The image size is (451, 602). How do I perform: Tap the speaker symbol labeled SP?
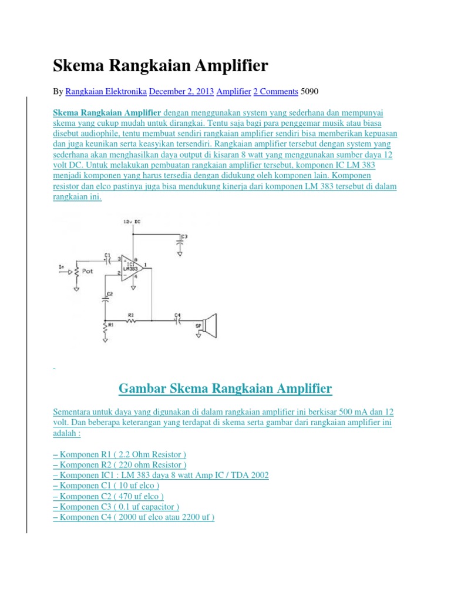(x=211, y=325)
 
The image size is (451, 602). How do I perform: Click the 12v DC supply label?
(x=132, y=221)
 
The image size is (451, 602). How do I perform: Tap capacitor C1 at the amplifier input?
(x=107, y=259)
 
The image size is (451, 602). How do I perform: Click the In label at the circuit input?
(x=61, y=268)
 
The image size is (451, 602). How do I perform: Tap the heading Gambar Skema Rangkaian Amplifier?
(x=225, y=389)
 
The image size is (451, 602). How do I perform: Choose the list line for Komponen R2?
(x=120, y=464)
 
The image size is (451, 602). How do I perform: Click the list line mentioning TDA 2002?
(x=161, y=475)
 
